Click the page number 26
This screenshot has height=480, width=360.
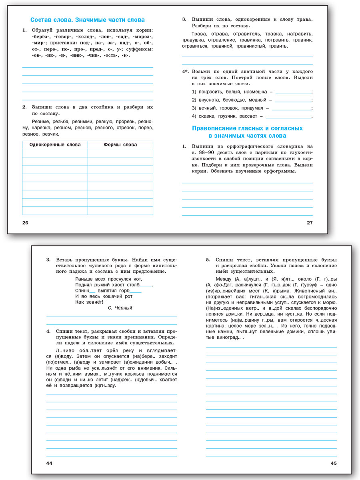[25, 223]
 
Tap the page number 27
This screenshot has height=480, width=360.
[310, 223]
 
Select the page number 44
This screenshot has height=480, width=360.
[50, 463]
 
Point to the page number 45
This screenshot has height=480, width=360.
[334, 463]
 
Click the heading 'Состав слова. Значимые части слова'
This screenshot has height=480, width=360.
[88, 20]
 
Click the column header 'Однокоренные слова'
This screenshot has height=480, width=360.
[55, 145]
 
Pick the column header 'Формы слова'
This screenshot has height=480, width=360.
[120, 145]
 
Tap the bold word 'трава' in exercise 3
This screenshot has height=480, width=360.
[304, 19]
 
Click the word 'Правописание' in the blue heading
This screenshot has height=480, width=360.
[216, 128]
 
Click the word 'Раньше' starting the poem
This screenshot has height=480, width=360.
[84, 279]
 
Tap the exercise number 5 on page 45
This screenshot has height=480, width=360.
[208, 260]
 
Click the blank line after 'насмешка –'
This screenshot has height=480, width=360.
[293, 92]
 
